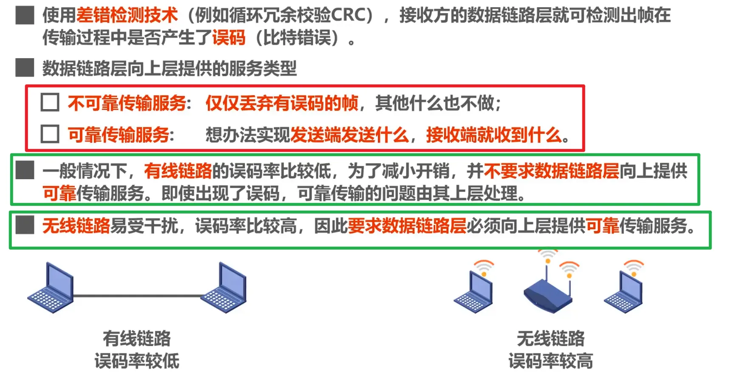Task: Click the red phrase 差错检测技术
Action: [127, 15]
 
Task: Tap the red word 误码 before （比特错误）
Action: [229, 37]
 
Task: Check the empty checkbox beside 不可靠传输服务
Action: [50, 102]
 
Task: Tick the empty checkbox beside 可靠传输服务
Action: [50, 134]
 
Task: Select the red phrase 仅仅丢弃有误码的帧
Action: [282, 103]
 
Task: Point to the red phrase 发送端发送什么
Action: [349, 135]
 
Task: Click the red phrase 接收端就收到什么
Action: [494, 135]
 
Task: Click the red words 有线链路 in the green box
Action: [178, 171]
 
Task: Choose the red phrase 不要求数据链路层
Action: [551, 171]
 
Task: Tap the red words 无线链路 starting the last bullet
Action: [76, 225]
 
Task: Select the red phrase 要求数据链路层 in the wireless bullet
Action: [407, 225]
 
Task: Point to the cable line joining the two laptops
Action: [137, 296]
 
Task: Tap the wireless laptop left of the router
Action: [473, 287]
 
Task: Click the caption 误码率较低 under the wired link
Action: [137, 361]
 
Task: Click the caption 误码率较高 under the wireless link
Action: [551, 361]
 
